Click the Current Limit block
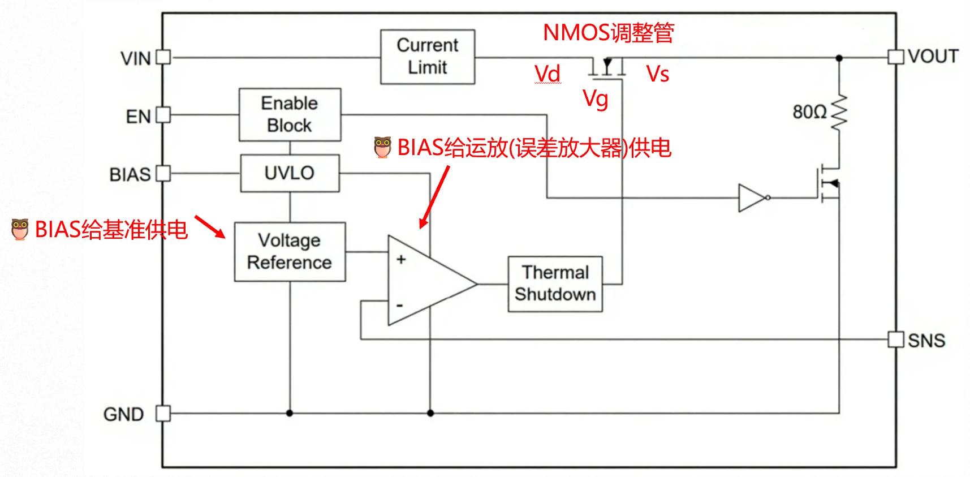click(428, 57)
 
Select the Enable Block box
click(290, 114)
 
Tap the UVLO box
click(290, 173)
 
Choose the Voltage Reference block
click(290, 252)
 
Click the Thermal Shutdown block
click(555, 283)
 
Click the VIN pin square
click(163, 57)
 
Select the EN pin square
click(163, 115)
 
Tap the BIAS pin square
click(163, 173)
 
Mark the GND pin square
click(163, 414)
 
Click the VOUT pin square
click(896, 57)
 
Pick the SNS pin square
click(896, 340)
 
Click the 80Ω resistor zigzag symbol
click(839, 112)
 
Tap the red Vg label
click(596, 99)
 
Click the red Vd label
click(547, 74)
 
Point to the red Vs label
click(658, 74)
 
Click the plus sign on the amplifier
click(401, 259)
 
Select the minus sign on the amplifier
click(400, 306)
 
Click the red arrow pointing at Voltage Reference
click(210, 226)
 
